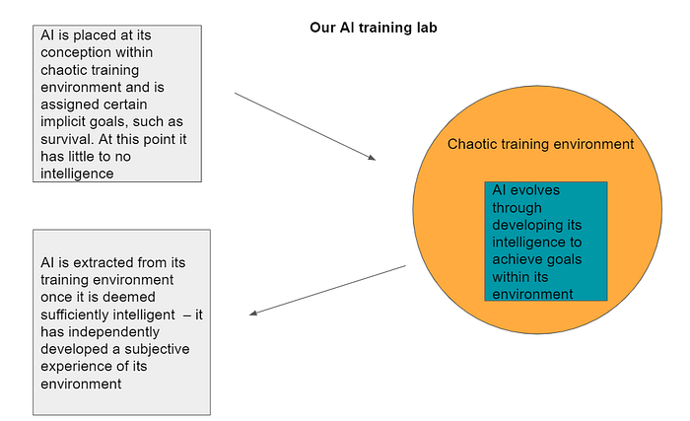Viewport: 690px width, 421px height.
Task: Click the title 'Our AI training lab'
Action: click(373, 28)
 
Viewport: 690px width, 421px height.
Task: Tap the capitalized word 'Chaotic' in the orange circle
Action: click(475, 144)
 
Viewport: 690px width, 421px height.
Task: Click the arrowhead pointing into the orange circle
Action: click(372, 158)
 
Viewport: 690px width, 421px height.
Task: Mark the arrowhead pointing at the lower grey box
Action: click(254, 314)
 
